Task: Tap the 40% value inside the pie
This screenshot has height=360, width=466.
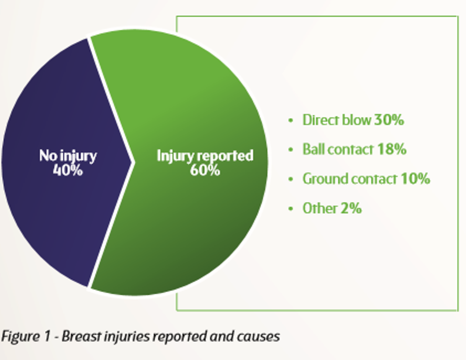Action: (68, 170)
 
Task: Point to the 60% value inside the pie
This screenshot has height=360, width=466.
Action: (205, 170)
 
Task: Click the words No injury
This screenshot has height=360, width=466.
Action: (68, 156)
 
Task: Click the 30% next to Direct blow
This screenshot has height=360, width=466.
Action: (389, 120)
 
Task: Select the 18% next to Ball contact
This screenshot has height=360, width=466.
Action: (391, 149)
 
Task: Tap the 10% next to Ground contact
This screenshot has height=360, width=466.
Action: (415, 179)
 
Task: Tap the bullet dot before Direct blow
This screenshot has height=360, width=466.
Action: (291, 121)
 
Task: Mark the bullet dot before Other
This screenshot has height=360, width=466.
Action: (291, 208)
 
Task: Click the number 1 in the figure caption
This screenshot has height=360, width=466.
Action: (47, 336)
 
